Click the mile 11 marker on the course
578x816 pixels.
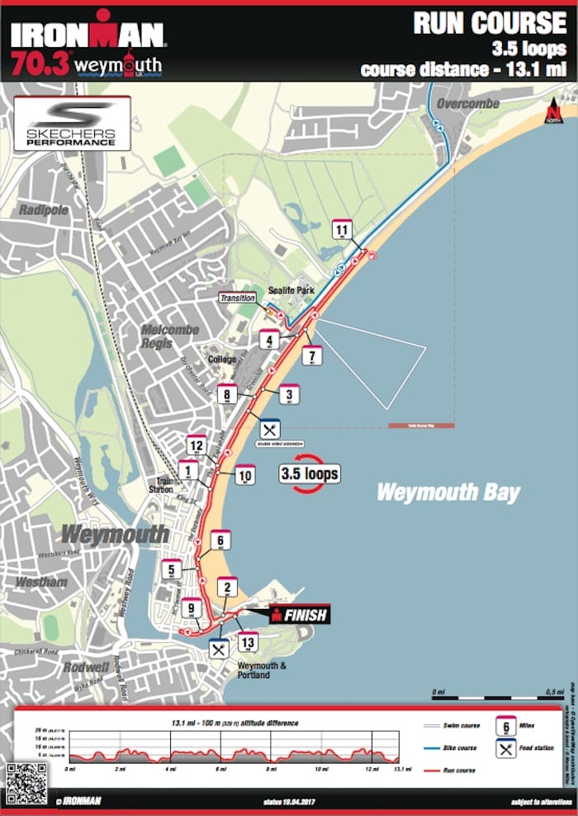(342, 230)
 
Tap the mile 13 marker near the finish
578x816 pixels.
(246, 642)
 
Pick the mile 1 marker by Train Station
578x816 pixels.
(189, 471)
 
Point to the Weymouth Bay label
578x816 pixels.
(448, 493)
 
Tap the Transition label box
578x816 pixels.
(236, 299)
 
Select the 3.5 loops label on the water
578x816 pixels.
(310, 474)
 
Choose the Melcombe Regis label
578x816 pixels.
(169, 336)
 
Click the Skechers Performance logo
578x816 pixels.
(72, 123)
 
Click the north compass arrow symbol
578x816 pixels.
(552, 111)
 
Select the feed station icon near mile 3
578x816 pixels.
(270, 429)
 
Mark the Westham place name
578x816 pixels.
(40, 582)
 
